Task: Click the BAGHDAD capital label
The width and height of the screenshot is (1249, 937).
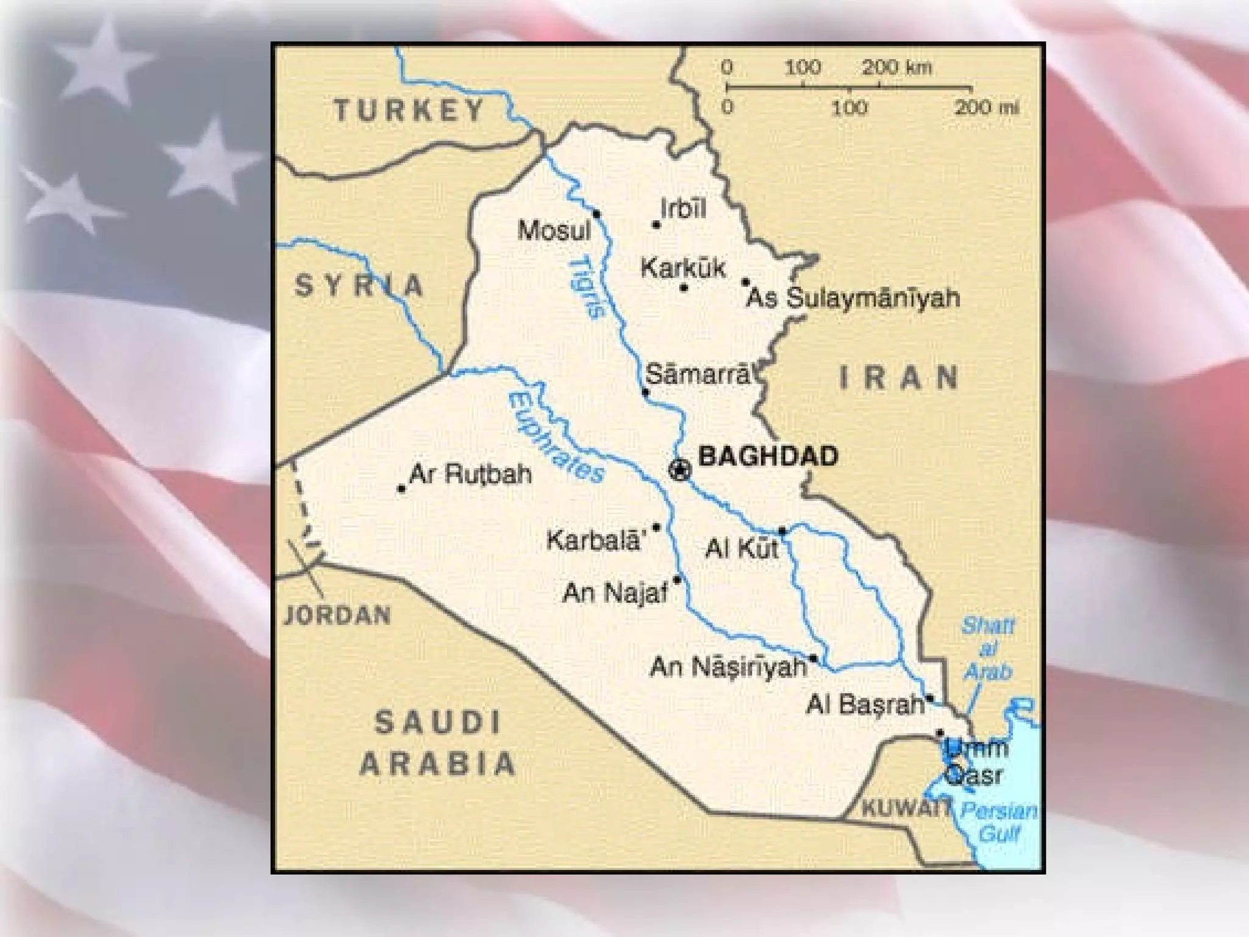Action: click(767, 456)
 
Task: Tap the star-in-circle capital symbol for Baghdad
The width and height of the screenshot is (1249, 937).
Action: click(679, 470)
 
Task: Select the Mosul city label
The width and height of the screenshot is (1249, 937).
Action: click(554, 231)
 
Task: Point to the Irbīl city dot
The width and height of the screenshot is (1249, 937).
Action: click(656, 225)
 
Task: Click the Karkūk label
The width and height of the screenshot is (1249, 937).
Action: click(683, 268)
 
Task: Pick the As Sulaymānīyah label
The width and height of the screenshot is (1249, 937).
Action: click(853, 299)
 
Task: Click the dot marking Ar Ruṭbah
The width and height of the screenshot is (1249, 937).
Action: click(401, 489)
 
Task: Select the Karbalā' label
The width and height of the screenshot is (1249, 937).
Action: click(595, 540)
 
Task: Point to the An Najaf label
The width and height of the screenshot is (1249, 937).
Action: click(615, 592)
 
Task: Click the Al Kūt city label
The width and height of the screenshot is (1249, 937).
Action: click(742, 549)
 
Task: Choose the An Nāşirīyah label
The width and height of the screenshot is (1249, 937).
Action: click(728, 667)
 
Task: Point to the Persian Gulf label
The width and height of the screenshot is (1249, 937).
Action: click(998, 822)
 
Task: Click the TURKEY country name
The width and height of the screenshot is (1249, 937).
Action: click(409, 111)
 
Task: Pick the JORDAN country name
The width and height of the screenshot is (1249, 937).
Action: click(338, 616)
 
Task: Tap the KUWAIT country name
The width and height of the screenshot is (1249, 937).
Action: click(905, 809)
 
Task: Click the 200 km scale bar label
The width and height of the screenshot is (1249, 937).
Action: click(896, 67)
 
